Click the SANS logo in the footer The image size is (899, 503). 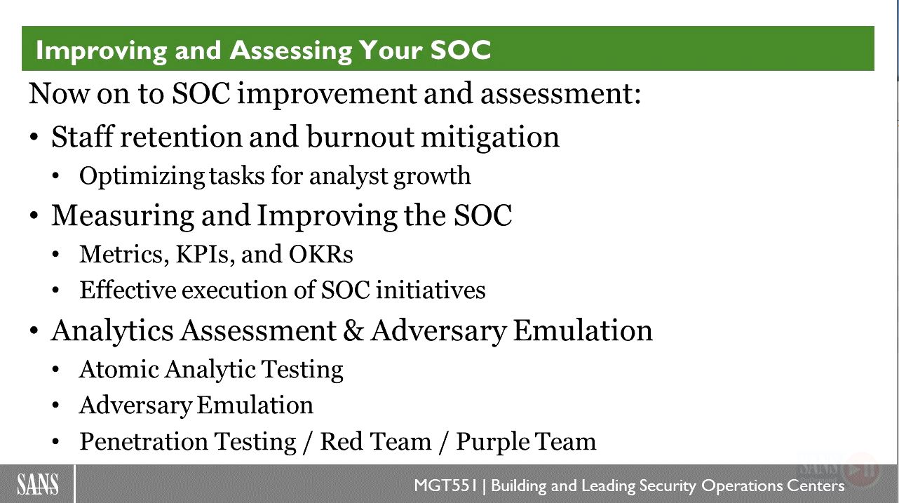point(38,484)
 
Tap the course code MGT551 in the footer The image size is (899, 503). point(445,485)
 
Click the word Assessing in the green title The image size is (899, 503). point(290,51)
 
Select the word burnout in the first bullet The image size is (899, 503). point(360,137)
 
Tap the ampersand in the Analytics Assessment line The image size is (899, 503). point(353,331)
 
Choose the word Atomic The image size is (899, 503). point(119,369)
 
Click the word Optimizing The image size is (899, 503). point(142,177)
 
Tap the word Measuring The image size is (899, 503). point(123,216)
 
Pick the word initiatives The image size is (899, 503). point(431,290)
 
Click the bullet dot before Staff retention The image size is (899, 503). point(34,138)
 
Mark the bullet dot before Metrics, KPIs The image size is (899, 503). point(56,255)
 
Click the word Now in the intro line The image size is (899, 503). point(59,94)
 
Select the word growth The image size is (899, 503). point(432,177)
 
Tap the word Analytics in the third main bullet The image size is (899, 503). point(112,332)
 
